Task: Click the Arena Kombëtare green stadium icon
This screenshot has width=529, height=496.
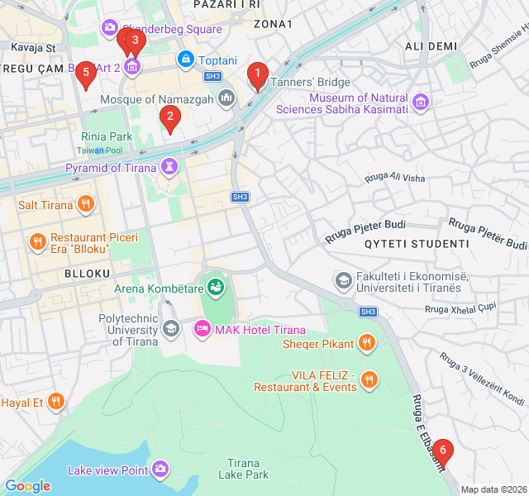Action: coord(216,287)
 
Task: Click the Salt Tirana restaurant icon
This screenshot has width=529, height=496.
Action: coord(85,204)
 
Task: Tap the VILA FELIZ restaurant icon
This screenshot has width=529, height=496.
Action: coord(369,380)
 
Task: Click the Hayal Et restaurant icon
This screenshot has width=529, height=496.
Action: coord(55,403)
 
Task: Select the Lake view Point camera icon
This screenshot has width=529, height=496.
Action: coord(161,470)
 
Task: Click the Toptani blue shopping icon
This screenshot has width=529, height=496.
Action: coord(186,60)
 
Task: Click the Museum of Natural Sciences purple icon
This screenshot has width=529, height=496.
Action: coord(422,103)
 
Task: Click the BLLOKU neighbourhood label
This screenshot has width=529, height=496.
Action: coord(87,273)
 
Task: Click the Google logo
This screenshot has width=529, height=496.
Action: coord(27,486)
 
